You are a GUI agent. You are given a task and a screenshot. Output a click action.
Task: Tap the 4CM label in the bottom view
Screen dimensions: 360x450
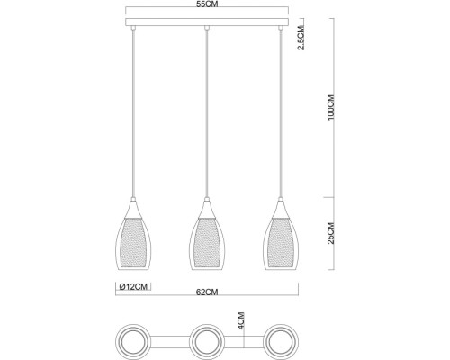240,321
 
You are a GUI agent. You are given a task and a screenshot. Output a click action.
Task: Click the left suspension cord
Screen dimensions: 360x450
133,108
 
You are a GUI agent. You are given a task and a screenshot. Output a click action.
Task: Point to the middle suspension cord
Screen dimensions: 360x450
208,108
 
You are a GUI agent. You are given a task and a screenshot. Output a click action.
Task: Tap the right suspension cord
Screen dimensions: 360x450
282,108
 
